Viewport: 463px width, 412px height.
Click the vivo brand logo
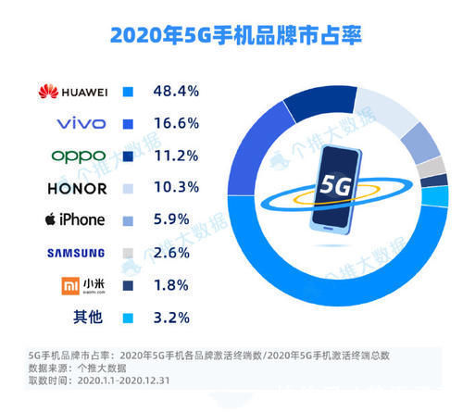click(81, 124)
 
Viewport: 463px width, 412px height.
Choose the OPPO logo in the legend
click(78, 156)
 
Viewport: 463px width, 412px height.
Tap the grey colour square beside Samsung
click(129, 253)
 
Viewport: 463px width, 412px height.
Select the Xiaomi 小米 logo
click(78, 285)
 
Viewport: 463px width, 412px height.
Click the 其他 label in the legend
click(89, 318)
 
